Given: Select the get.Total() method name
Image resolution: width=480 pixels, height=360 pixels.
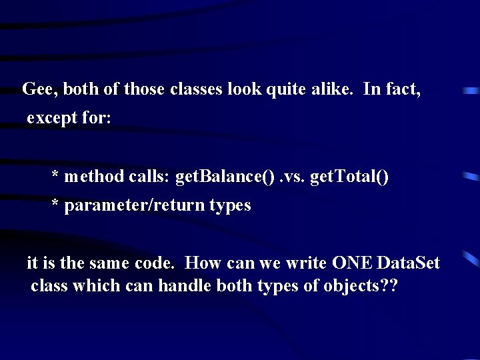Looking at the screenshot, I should click(x=351, y=176).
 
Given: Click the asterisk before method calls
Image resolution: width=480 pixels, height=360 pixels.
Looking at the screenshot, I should click(x=57, y=176).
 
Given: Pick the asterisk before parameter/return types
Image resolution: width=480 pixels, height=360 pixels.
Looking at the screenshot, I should click(x=57, y=205).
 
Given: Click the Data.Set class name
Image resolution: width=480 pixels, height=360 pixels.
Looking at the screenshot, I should click(x=409, y=263).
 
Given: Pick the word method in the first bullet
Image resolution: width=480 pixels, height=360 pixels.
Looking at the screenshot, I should click(x=94, y=176).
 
